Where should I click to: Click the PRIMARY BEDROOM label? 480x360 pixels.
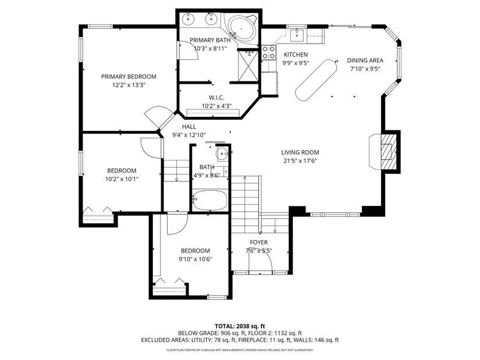(x=129, y=77)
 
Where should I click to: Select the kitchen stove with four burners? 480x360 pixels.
(x=268, y=52)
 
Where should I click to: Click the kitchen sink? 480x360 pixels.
(x=297, y=35)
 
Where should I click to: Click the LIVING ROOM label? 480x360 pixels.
(x=300, y=152)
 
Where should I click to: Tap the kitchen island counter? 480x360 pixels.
(x=316, y=80)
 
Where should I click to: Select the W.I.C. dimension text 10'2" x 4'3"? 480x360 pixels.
(x=216, y=106)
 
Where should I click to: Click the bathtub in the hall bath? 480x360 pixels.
(x=210, y=201)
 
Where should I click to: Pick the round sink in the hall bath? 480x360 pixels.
(x=221, y=152)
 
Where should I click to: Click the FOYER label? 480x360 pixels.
(x=259, y=243)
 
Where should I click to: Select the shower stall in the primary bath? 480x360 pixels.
(x=248, y=66)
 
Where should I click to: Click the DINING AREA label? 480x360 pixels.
(x=365, y=60)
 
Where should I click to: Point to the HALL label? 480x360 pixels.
(x=189, y=126)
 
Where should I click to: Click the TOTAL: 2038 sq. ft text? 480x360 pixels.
(x=240, y=326)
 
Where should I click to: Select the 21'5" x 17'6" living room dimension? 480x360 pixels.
(x=300, y=161)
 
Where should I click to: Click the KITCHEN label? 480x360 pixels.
(x=296, y=55)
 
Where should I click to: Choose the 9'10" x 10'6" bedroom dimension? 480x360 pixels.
(x=195, y=259)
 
